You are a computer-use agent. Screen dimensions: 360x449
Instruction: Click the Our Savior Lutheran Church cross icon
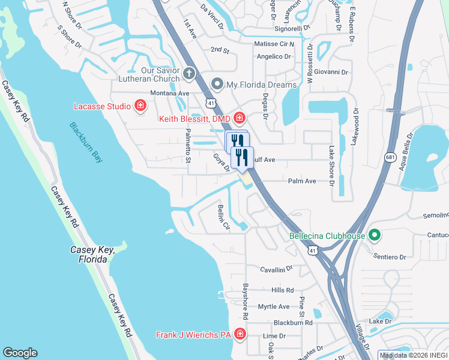coord(189,74)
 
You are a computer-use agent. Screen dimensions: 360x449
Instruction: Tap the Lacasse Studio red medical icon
coord(140,106)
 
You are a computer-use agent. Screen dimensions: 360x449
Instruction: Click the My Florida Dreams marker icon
coord(217,85)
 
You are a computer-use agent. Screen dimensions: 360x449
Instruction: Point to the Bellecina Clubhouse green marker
coord(375,235)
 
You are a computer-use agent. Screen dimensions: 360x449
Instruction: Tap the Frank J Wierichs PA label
coord(194,335)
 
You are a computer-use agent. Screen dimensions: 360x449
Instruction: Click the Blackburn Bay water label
coord(86,143)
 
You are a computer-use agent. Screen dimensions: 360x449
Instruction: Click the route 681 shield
coord(391,157)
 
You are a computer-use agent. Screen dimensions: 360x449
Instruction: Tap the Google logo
coord(20,353)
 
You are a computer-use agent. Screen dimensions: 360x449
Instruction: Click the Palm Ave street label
coord(302,181)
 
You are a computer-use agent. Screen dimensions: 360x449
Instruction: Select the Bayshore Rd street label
coord(245,302)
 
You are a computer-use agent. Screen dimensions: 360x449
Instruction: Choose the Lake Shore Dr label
coord(331,166)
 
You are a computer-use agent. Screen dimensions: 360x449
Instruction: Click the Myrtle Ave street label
coord(273,307)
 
